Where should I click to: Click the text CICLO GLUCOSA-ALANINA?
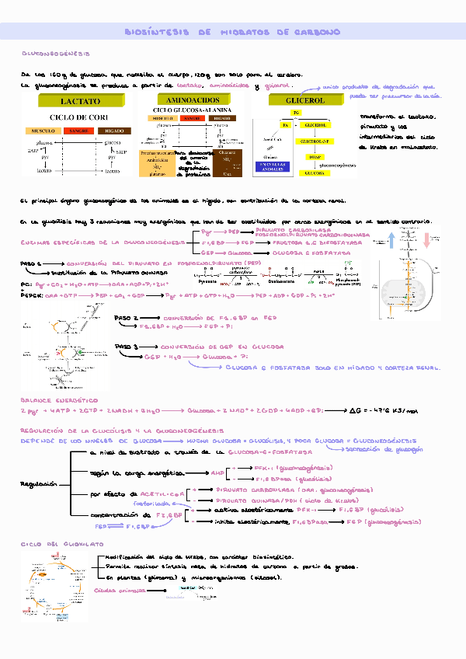click(x=194, y=110)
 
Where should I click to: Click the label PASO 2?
click(x=126, y=319)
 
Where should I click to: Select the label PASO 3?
click(x=126, y=347)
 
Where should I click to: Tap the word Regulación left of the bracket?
click(x=38, y=483)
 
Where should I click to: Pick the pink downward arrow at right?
click(x=427, y=239)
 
